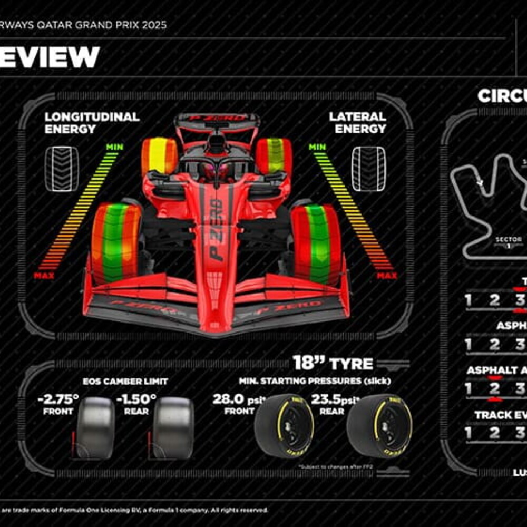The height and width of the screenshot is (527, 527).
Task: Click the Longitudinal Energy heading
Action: (92, 123)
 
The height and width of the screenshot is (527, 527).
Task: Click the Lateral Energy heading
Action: (358, 123)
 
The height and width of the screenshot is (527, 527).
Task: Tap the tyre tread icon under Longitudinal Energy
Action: (62, 169)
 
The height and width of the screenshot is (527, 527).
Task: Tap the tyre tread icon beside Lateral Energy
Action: (368, 169)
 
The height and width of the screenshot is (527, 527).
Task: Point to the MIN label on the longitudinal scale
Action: (114, 147)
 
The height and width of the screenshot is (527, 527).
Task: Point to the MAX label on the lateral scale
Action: (387, 275)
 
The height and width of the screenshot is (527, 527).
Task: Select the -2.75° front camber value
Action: (58, 399)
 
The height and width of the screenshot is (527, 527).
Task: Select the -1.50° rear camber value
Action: (136, 399)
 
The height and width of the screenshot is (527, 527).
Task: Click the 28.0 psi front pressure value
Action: (235, 399)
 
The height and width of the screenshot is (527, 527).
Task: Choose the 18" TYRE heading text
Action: (333, 364)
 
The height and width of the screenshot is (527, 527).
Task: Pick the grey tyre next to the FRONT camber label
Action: (95, 427)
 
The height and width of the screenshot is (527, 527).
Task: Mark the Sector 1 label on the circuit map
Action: (509, 242)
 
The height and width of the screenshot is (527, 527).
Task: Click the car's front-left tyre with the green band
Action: (116, 243)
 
